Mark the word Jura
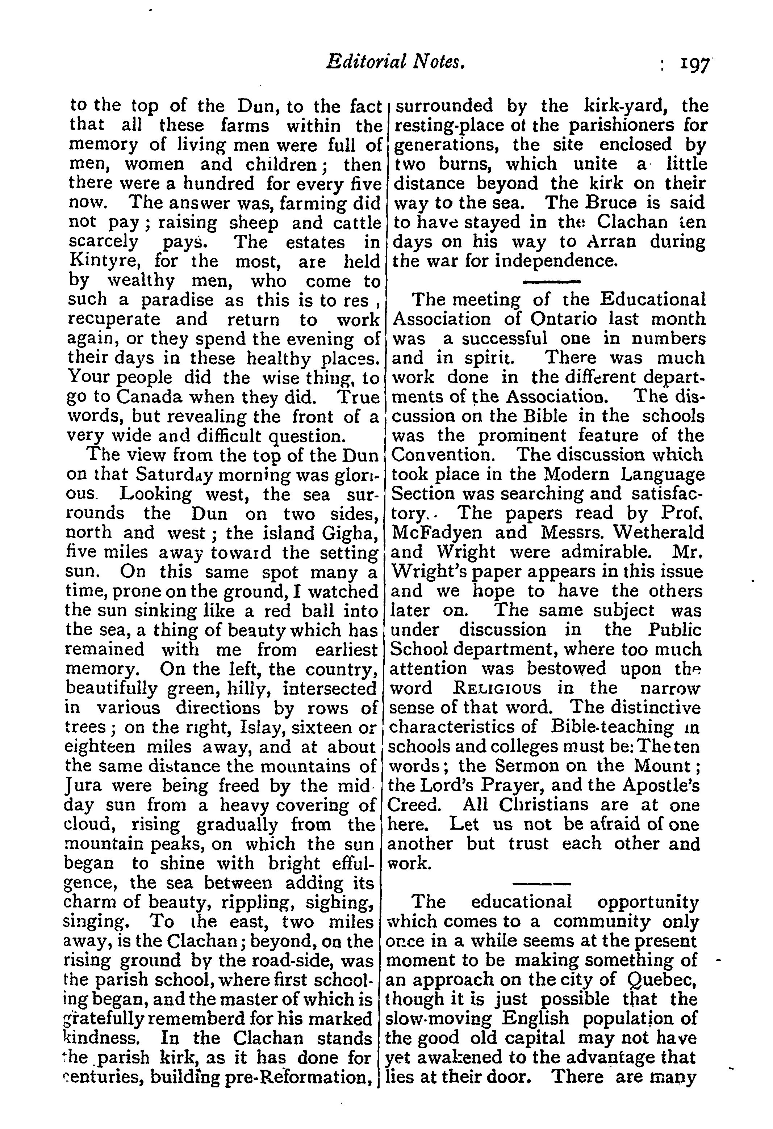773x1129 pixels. [83, 785]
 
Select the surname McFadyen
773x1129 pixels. [437, 533]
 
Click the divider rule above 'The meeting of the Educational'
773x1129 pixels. [551, 282]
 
